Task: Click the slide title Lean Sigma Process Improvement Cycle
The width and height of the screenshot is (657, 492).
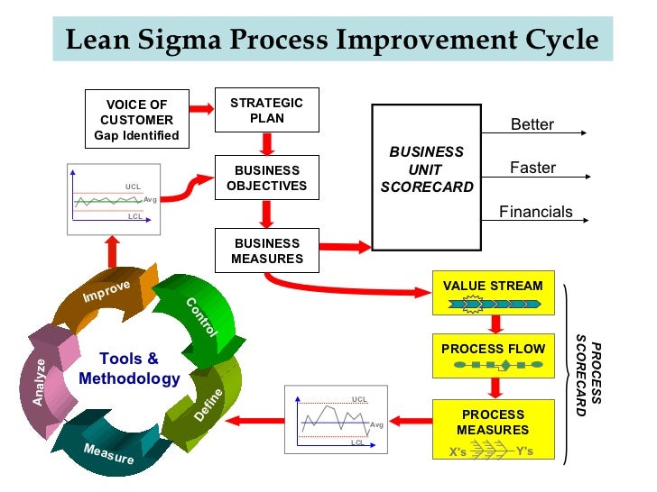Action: click(x=332, y=41)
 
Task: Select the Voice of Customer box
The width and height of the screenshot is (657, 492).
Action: click(x=137, y=120)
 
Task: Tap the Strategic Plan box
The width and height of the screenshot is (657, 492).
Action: click(x=266, y=110)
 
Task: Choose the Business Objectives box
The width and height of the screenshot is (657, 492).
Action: click(x=266, y=178)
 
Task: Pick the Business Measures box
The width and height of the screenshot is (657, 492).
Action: click(x=266, y=251)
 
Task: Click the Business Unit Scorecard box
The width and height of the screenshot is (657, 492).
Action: click(x=427, y=177)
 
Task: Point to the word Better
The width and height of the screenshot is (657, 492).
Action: click(x=532, y=124)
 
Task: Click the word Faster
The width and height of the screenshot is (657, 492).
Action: click(x=532, y=168)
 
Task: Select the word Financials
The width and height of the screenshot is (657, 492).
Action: click(x=536, y=212)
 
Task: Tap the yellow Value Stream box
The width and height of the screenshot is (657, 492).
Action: click(x=493, y=291)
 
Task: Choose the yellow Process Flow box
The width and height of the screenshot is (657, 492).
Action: click(x=493, y=355)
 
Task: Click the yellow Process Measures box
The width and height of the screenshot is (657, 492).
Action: click(x=493, y=430)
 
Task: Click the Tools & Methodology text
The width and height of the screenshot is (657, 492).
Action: click(x=129, y=369)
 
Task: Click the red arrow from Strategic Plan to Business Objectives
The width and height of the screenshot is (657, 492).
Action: click(x=267, y=143)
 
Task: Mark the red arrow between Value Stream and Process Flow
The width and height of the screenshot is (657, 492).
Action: click(x=495, y=323)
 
